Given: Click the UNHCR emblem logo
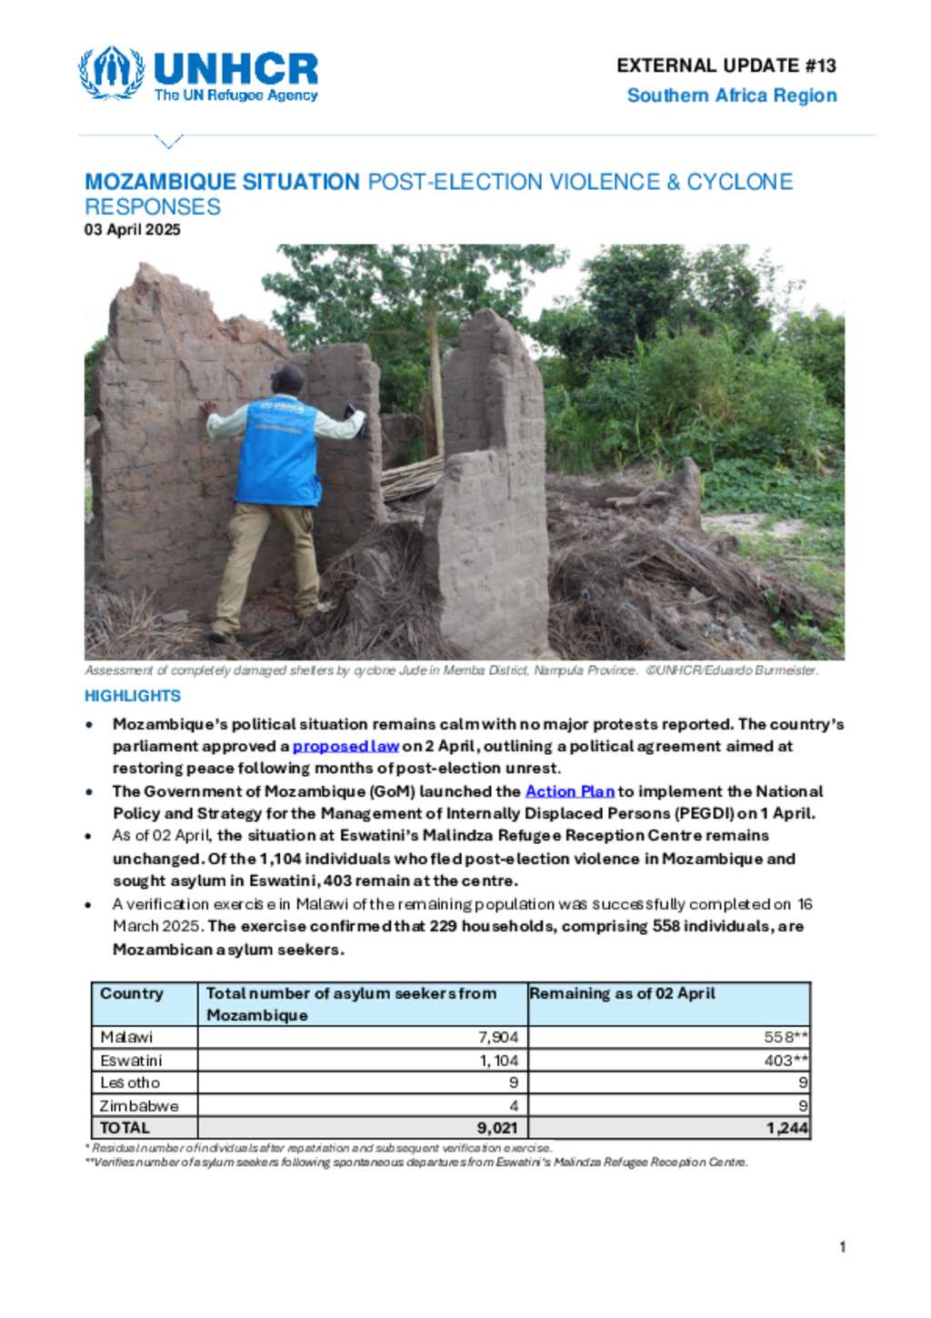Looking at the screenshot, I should tap(111, 73).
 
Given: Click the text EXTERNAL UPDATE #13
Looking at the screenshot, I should tap(726, 65).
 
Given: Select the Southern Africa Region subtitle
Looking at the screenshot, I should tap(731, 96).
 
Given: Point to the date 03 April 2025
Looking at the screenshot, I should tap(133, 229).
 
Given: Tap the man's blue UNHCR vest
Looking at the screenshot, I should tap(277, 450).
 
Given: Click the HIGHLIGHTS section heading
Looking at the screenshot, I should tap(133, 696).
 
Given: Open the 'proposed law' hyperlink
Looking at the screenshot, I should tap(345, 746).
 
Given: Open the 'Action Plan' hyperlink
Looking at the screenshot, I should tap(570, 791).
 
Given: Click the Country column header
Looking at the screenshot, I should tap(132, 993).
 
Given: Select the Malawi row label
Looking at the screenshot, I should tap(126, 1037).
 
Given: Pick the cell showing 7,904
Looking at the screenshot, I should tap(498, 1037).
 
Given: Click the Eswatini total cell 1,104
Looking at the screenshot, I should tap(499, 1061).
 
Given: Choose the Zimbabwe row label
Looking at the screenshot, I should tap(139, 1105).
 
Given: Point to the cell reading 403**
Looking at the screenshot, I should tap(786, 1061).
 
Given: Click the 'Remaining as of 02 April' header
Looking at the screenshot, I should tap(623, 993).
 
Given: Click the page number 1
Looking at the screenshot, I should tap(843, 1247).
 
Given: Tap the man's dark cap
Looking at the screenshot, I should tap(288, 373).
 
